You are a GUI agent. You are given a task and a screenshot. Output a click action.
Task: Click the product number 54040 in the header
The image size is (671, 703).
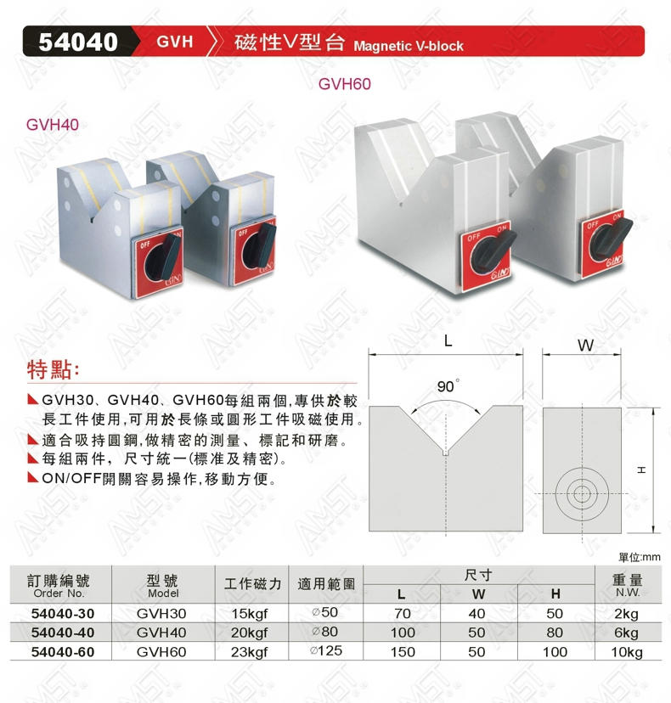click(78, 42)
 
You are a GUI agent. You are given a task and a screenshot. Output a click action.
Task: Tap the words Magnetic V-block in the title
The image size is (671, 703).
click(409, 46)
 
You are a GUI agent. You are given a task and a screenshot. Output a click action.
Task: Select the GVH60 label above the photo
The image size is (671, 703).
click(345, 84)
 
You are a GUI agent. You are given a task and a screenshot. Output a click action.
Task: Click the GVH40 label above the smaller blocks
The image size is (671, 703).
click(53, 124)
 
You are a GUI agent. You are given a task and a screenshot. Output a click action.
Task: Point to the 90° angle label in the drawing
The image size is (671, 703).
click(448, 386)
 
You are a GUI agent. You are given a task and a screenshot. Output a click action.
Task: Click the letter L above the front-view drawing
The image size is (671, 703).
click(448, 341)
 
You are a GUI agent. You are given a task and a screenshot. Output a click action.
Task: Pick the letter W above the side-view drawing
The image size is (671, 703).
click(585, 346)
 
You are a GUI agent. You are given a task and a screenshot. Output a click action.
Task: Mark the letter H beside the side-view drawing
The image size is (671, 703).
click(642, 470)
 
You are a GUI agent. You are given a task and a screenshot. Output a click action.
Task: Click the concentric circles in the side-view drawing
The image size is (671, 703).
click(582, 494)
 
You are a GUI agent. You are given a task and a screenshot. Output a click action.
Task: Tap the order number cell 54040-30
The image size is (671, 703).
click(63, 614)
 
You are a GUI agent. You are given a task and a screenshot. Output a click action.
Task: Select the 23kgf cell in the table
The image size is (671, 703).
click(250, 652)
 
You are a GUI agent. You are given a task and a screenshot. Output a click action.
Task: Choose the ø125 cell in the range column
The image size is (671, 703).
click(325, 650)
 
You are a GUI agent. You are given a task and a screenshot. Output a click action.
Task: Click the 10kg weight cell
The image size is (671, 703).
click(627, 652)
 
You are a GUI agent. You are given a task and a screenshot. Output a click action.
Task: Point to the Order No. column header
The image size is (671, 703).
click(59, 593)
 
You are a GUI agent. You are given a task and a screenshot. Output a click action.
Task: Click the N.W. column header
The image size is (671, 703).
click(628, 593)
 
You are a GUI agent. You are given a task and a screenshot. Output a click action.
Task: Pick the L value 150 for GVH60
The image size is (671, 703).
click(403, 652)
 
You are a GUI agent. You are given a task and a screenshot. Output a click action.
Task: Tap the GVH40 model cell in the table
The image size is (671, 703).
click(161, 633)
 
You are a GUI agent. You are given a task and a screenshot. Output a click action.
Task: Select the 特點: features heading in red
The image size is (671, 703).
click(54, 370)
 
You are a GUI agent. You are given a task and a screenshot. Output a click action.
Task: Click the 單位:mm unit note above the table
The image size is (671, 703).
click(640, 557)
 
